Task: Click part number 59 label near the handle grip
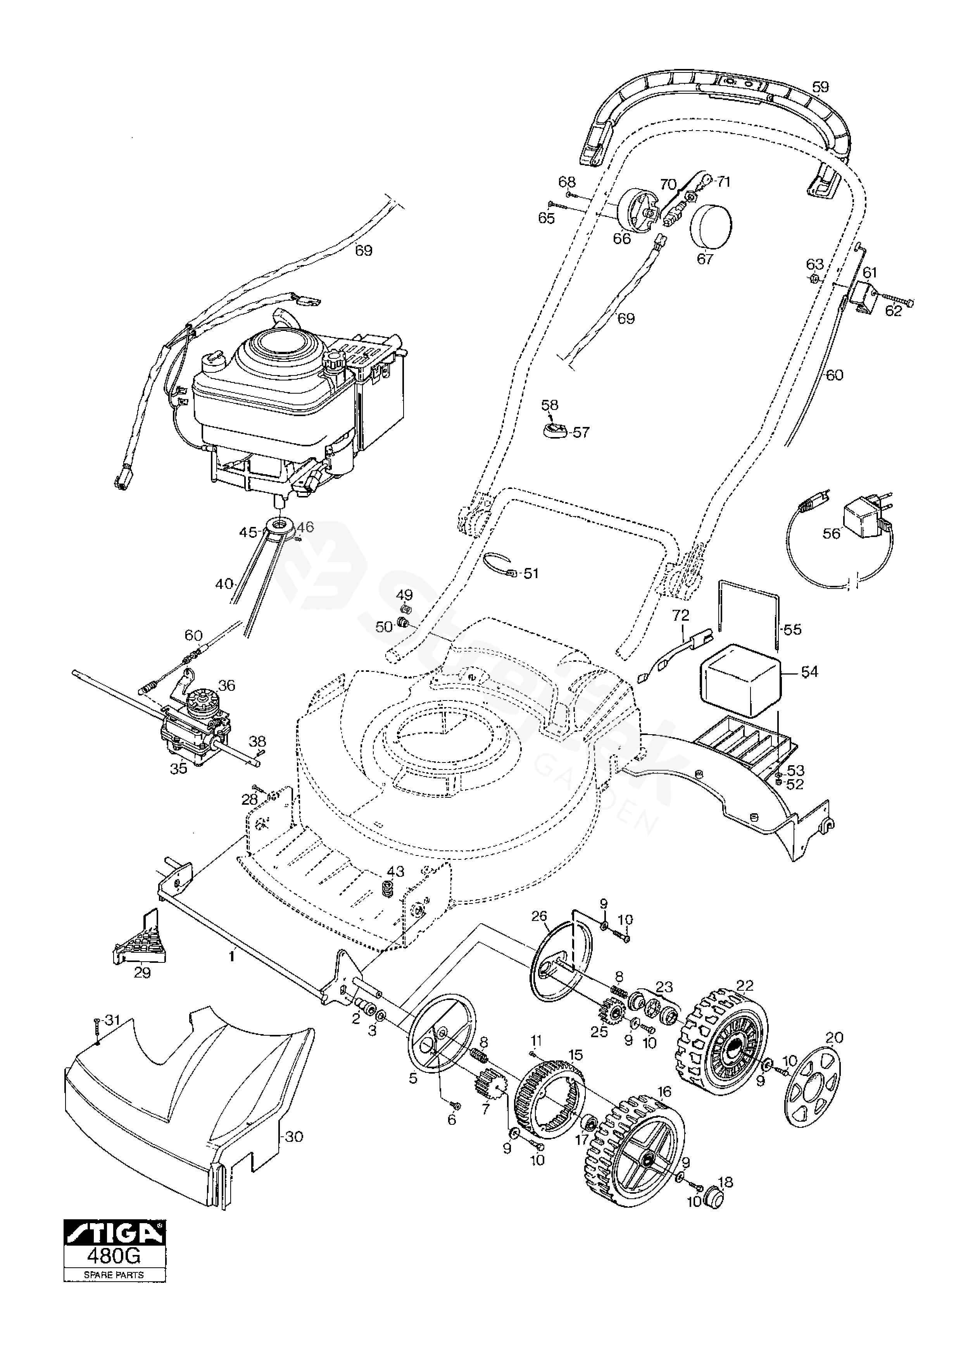[x=821, y=87]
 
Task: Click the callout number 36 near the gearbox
[x=227, y=685]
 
